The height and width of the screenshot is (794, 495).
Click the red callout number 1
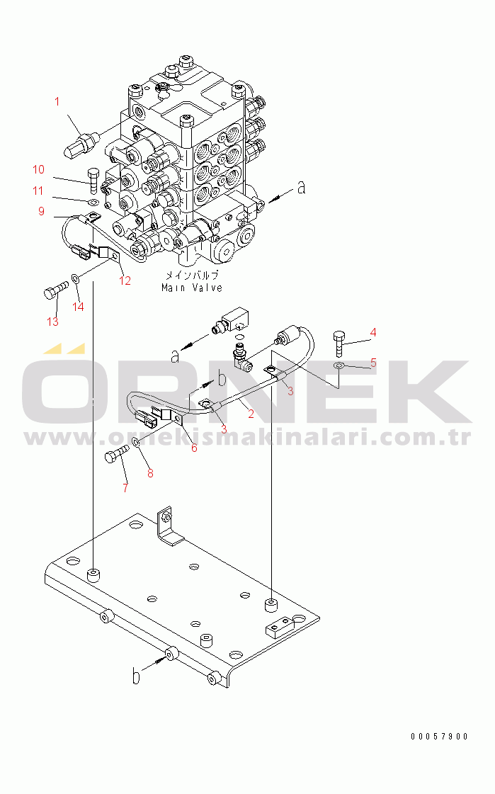tap(57, 102)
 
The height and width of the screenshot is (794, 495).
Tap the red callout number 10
tap(38, 169)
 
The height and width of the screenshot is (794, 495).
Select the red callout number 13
tap(52, 322)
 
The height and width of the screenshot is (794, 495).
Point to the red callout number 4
tap(373, 333)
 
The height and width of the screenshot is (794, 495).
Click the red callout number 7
tap(125, 487)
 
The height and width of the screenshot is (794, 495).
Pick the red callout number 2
tap(251, 414)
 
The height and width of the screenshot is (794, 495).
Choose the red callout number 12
tap(125, 280)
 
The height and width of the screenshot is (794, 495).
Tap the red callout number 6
tap(194, 448)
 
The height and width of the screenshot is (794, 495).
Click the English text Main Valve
tap(192, 288)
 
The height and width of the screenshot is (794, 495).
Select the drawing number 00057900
tap(439, 736)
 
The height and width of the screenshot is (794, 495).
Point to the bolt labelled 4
tap(339, 344)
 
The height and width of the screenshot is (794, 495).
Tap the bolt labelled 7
tap(116, 453)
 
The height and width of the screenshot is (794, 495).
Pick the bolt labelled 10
tap(94, 181)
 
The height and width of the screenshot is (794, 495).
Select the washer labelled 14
tap(75, 278)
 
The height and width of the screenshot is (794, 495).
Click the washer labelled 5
tap(339, 365)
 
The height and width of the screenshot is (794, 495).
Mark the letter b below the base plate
tap(136, 676)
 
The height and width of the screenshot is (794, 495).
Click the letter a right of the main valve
tap(301, 188)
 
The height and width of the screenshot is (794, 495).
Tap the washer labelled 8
tap(137, 443)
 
